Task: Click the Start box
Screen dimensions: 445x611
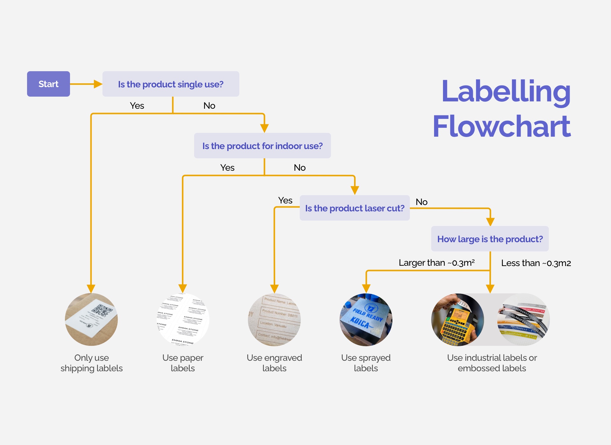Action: coord(48,84)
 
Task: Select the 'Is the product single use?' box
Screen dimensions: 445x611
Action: coord(171,84)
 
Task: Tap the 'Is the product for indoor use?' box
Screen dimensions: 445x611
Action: coord(262,146)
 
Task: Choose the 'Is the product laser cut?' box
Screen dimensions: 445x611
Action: coord(355,208)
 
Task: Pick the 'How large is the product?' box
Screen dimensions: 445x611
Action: coord(490,239)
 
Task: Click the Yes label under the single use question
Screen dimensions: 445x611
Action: coord(137,106)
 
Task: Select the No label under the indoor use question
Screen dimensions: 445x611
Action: coord(299,168)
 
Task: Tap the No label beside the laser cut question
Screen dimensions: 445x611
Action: coord(421,202)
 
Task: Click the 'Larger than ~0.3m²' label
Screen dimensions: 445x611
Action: coord(437,263)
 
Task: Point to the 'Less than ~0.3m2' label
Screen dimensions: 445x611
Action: coord(536,263)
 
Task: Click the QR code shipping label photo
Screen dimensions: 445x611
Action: coord(91,319)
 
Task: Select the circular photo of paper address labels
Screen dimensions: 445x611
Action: coord(183,319)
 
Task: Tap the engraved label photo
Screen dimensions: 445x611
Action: coord(274,319)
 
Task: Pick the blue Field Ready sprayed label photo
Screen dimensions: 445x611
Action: coord(366,319)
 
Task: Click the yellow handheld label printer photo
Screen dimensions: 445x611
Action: coord(457,319)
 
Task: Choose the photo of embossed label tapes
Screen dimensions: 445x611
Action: coord(523,319)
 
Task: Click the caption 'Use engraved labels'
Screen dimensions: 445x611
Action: coord(274,363)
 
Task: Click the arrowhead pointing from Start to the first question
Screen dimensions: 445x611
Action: coord(98,84)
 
